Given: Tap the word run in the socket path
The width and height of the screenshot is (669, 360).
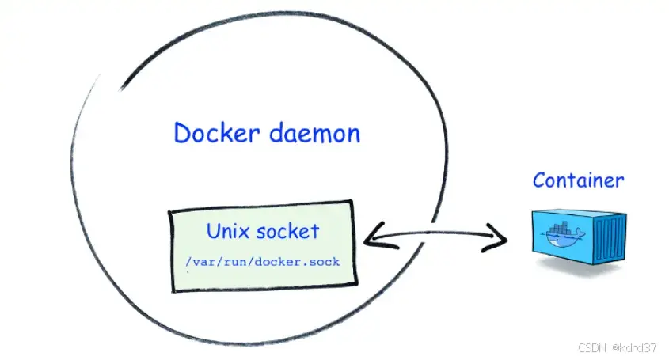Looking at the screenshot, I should coord(234,260).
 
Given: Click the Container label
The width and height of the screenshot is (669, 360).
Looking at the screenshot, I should coord(578,180).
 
